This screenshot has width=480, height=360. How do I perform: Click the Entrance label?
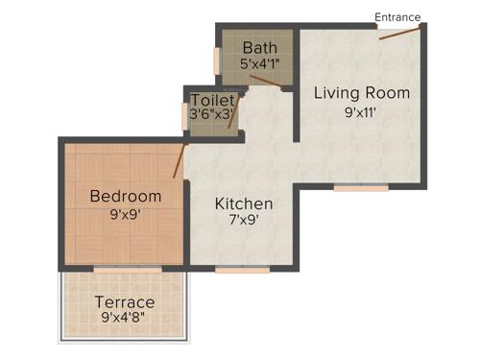[x=397, y=16]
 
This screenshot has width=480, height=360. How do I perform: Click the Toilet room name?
[x=212, y=100]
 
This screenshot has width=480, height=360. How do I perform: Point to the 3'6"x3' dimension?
[x=212, y=114]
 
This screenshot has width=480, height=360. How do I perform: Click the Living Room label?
[x=363, y=93]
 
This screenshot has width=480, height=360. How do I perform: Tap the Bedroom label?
[x=126, y=197]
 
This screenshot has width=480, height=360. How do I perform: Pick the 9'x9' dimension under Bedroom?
[x=126, y=215]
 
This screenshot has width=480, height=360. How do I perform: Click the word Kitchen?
[x=244, y=204]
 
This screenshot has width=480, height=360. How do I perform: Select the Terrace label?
[x=126, y=302]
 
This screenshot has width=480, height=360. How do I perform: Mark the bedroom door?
[x=179, y=162]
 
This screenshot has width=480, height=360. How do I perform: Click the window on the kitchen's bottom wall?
[x=242, y=270]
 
